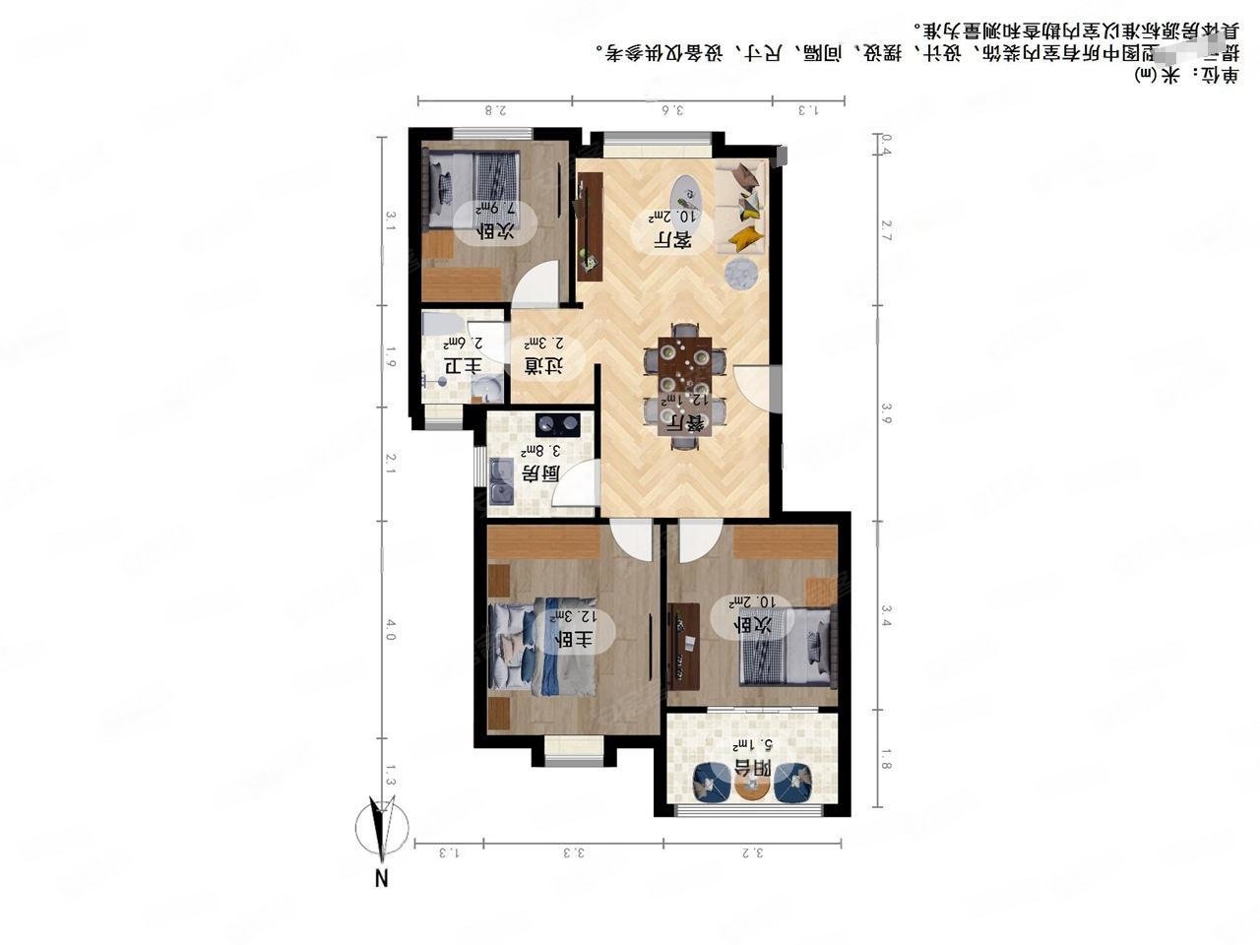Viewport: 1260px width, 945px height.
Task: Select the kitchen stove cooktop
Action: coord(558,425)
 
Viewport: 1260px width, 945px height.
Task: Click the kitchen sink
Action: coord(502,489)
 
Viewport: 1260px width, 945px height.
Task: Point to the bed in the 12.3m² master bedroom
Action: coord(542,647)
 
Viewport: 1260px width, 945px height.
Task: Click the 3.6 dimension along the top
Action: coord(672,110)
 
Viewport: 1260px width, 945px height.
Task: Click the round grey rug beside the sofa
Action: coord(741,273)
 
